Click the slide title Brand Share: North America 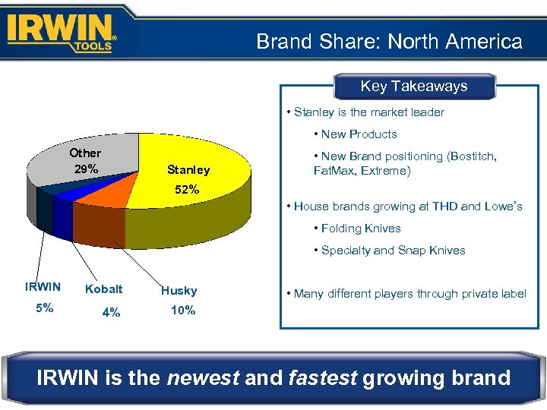click(389, 41)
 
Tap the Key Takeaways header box click(413, 87)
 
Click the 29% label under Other click(85, 169)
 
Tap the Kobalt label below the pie click(103, 290)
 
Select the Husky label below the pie click(179, 290)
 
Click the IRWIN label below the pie click(43, 286)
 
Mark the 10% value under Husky click(182, 310)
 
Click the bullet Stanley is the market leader click(365, 112)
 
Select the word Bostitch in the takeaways click(471, 156)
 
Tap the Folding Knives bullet click(356, 228)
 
